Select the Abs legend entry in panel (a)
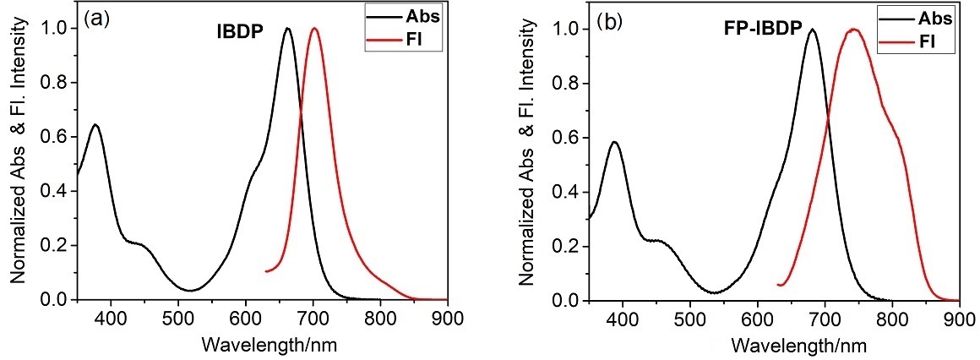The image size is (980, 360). (398, 15)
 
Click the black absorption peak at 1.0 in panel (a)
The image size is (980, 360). (287, 28)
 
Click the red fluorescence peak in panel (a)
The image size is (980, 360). (314, 28)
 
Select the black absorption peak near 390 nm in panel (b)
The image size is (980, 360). (615, 142)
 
